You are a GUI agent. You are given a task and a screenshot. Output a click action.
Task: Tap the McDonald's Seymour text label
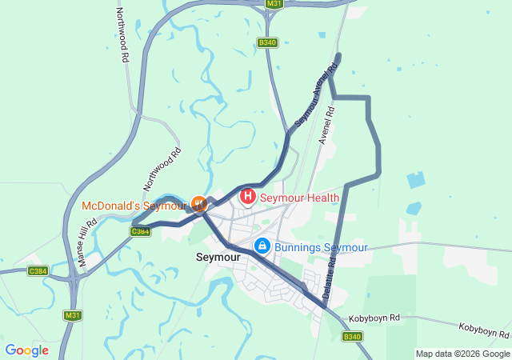(x=134, y=206)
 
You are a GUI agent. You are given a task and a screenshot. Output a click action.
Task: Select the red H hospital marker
(x=247, y=196)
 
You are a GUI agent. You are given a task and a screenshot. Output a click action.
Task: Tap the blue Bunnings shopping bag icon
(x=262, y=246)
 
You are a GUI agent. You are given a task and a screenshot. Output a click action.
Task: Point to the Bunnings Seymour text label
(x=320, y=247)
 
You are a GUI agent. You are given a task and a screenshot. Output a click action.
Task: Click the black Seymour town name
(x=218, y=258)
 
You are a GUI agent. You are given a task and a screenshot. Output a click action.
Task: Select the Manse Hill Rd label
(x=87, y=239)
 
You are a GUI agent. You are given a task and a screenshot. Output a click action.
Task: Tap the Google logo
(x=26, y=350)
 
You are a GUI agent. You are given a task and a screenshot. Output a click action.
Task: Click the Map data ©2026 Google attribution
(x=462, y=354)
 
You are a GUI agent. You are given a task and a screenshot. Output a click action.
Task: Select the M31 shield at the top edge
(x=274, y=4)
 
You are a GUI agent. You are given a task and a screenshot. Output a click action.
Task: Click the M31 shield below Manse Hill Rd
(x=73, y=315)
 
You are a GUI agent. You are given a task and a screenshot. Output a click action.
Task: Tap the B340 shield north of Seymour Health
(x=267, y=42)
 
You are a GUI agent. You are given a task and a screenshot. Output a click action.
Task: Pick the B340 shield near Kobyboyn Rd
(x=353, y=336)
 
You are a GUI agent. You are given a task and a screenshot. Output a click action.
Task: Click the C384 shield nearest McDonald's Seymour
(x=140, y=230)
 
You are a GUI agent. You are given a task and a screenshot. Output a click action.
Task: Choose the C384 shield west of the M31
(x=37, y=271)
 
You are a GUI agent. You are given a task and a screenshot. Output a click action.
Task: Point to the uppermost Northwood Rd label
(x=122, y=36)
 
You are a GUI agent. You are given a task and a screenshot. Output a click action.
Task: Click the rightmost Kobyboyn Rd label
(x=485, y=330)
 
